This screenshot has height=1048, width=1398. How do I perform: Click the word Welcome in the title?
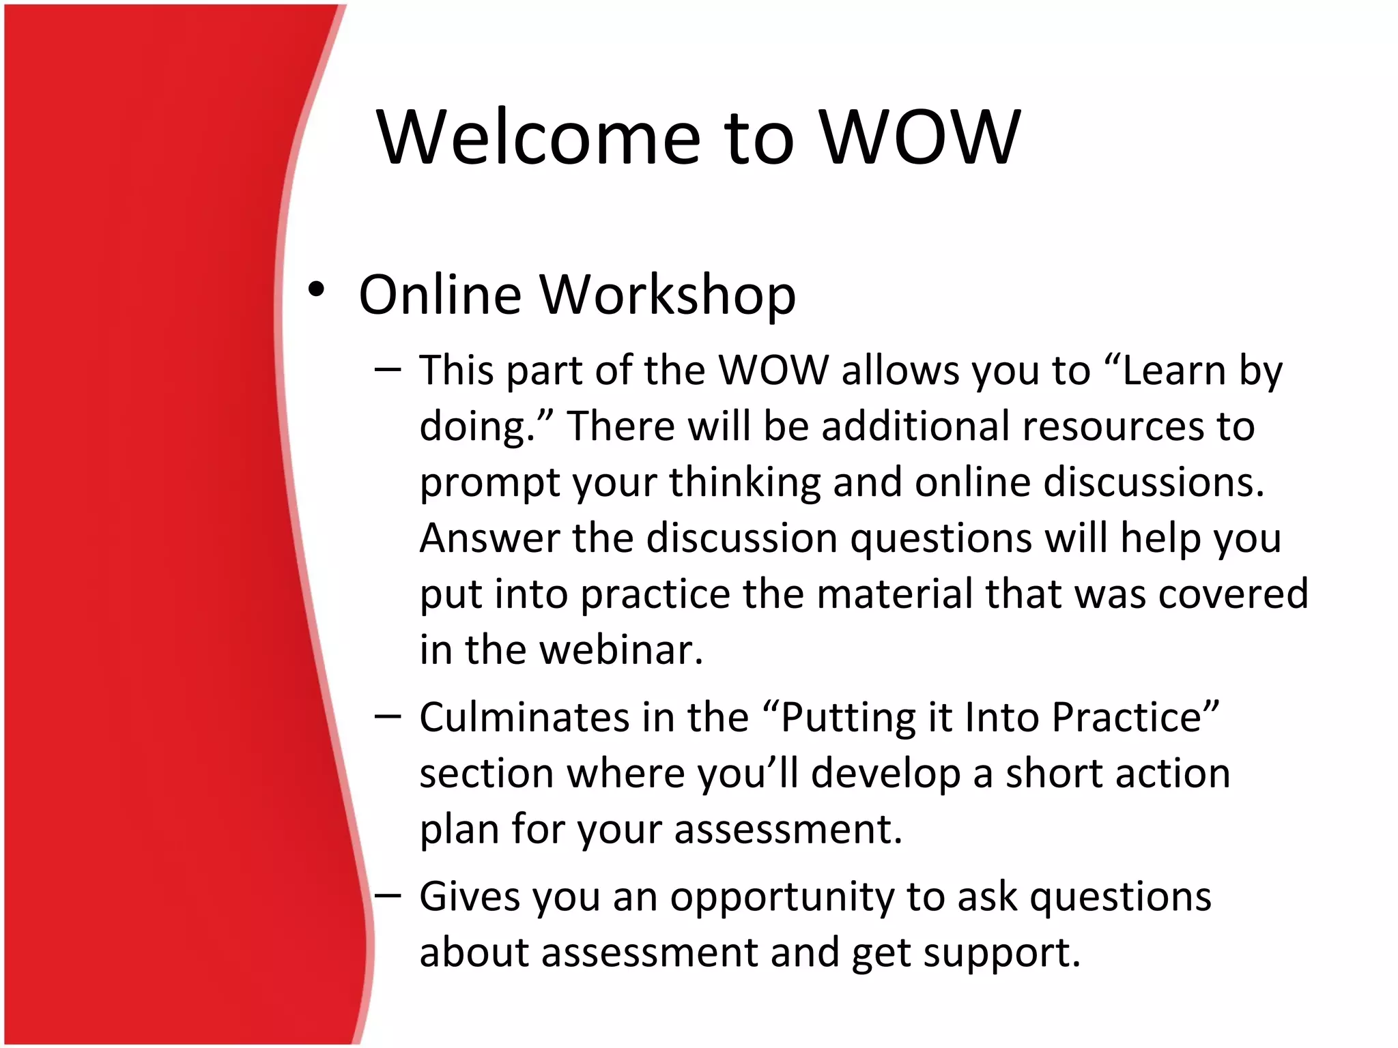[x=538, y=138]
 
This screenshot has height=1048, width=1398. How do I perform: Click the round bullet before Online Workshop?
[x=315, y=290]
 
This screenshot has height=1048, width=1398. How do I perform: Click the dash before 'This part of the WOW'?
[x=388, y=370]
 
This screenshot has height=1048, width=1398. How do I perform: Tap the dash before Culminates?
[x=388, y=716]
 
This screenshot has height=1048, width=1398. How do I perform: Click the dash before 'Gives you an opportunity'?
[x=388, y=895]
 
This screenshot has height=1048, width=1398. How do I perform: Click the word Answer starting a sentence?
[x=489, y=538]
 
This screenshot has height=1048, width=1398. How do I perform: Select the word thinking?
[x=745, y=483]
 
